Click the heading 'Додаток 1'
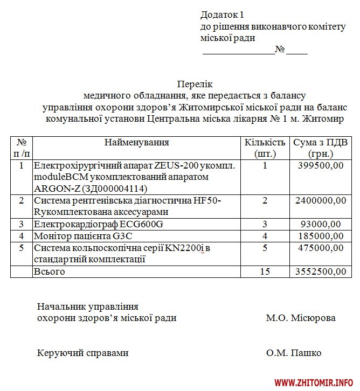pos(222,15)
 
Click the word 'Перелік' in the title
pos(195,84)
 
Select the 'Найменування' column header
pos(136,143)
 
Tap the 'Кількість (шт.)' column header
pos(265,148)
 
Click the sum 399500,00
pos(321,166)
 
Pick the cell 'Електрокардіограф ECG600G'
pos(98,224)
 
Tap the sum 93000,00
pos(321,224)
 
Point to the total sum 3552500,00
pos(321,271)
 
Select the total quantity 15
pos(265,271)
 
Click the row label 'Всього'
pos(49,271)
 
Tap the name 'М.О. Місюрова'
pos(301,318)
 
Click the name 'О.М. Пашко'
pos(294,353)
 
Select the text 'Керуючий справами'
pos(83,353)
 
